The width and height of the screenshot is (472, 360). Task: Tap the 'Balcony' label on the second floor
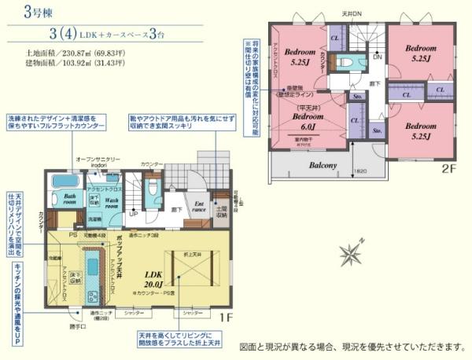(x=323, y=165)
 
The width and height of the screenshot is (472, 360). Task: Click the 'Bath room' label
(x=70, y=200)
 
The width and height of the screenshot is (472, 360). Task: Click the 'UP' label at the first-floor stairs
(x=134, y=213)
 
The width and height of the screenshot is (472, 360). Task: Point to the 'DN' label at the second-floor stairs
(x=377, y=57)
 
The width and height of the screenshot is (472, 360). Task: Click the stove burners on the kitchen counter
(x=94, y=296)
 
